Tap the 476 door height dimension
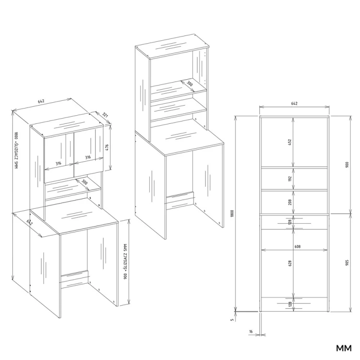pyautogui.click(x=107, y=148)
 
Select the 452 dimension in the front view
pyautogui.click(x=289, y=142)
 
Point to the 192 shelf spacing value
pyautogui.click(x=289, y=179)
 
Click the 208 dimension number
pyautogui.click(x=290, y=202)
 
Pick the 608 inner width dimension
pyautogui.click(x=297, y=247)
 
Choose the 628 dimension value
pyautogui.click(x=290, y=264)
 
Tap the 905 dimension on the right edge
pyautogui.click(x=347, y=263)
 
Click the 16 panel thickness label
pyautogui.click(x=251, y=331)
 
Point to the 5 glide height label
pyautogui.click(x=232, y=320)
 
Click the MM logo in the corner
pyautogui.click(x=344, y=348)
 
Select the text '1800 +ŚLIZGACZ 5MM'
pyautogui.click(x=16, y=150)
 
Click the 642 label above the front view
pyautogui.click(x=294, y=104)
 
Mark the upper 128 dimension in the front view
pyautogui.click(x=290, y=222)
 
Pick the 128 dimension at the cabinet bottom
pyautogui.click(x=290, y=304)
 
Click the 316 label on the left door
pyautogui.click(x=58, y=164)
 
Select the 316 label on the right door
pyautogui.click(x=88, y=157)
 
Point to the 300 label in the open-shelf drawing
pyautogui.click(x=190, y=84)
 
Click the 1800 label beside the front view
pyautogui.click(x=232, y=214)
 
